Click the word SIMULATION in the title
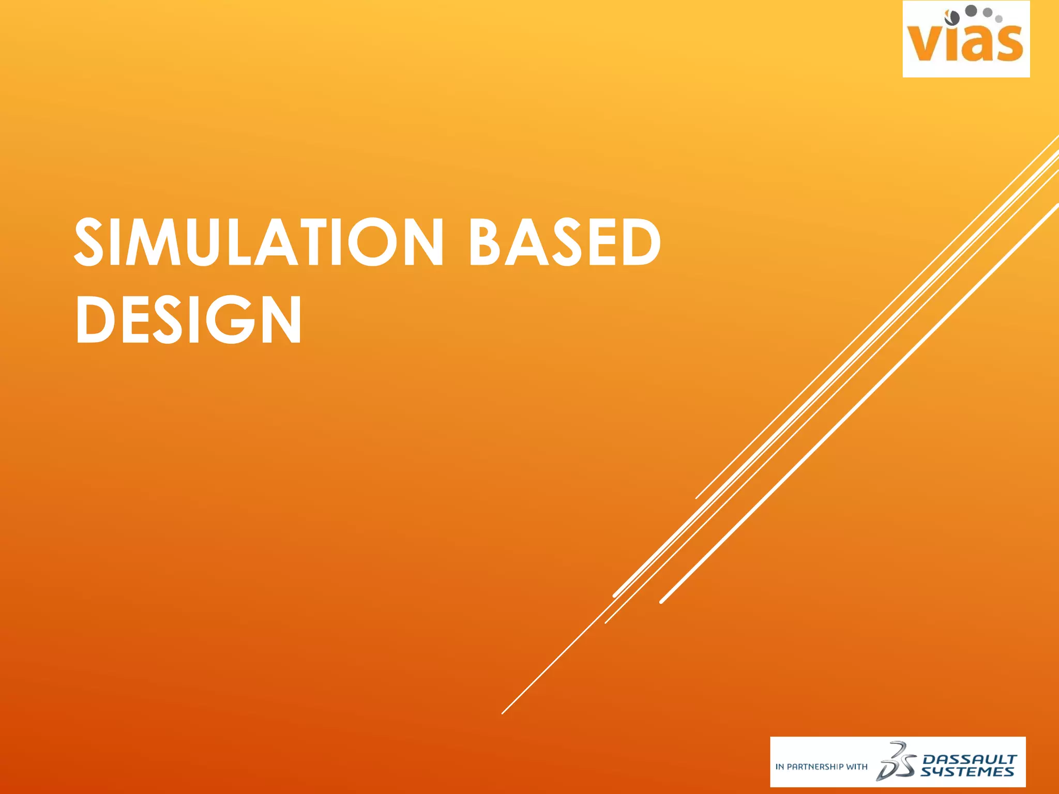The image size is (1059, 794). click(x=259, y=242)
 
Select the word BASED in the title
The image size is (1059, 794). click(x=565, y=242)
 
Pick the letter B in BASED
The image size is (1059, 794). click(x=487, y=242)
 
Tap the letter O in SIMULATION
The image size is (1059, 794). click(x=374, y=242)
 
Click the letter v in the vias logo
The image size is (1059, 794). click(x=926, y=44)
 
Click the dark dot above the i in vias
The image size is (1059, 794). click(x=952, y=18)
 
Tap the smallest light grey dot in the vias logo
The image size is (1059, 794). click(x=999, y=19)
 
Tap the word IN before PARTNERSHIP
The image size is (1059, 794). click(x=779, y=767)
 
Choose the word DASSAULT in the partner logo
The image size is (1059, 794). click(x=970, y=759)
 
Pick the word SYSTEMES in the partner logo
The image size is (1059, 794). click(x=967, y=772)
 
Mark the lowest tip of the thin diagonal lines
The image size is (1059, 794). click(x=502, y=713)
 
